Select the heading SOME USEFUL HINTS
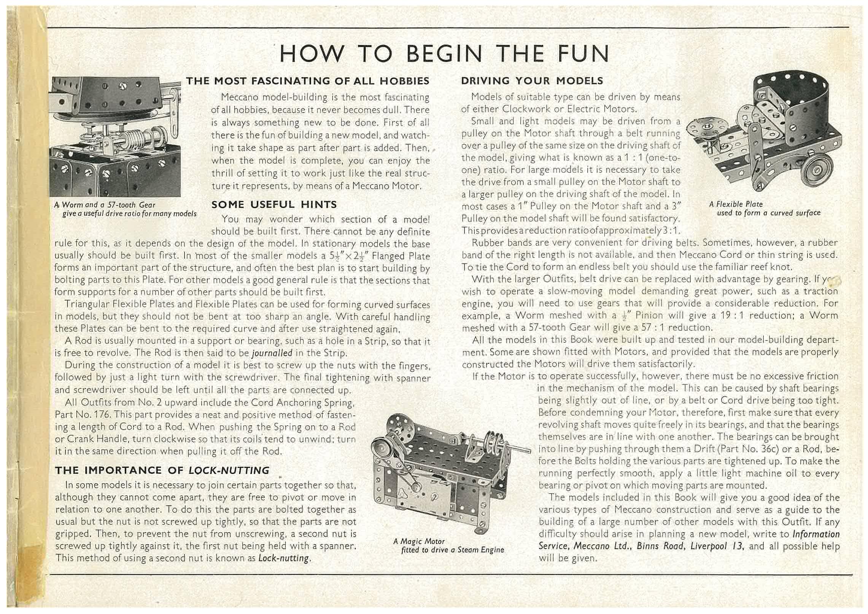[274, 205]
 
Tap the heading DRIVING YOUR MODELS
[532, 81]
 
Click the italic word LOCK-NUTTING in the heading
[229, 471]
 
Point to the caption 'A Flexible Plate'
[736, 204]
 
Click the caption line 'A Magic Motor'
[419, 541]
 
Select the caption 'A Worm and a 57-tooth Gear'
[105, 205]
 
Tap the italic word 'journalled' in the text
[272, 353]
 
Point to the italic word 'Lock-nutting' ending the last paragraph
[283, 558]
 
